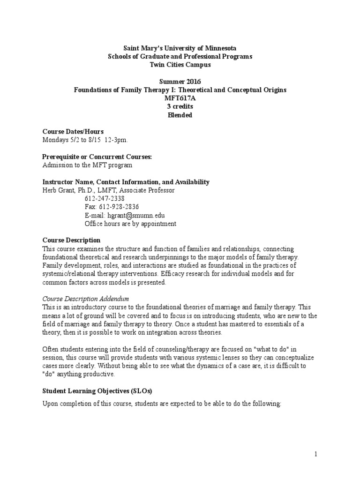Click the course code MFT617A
[x=180, y=98]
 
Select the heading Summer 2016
[x=180, y=81]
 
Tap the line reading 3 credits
[x=180, y=106]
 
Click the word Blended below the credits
[x=180, y=115]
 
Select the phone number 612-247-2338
[x=105, y=199]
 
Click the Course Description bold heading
[x=71, y=240]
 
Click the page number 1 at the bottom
[x=316, y=454]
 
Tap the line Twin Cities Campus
[x=180, y=64]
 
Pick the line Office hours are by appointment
[x=130, y=224]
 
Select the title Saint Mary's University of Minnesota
[x=180, y=48]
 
